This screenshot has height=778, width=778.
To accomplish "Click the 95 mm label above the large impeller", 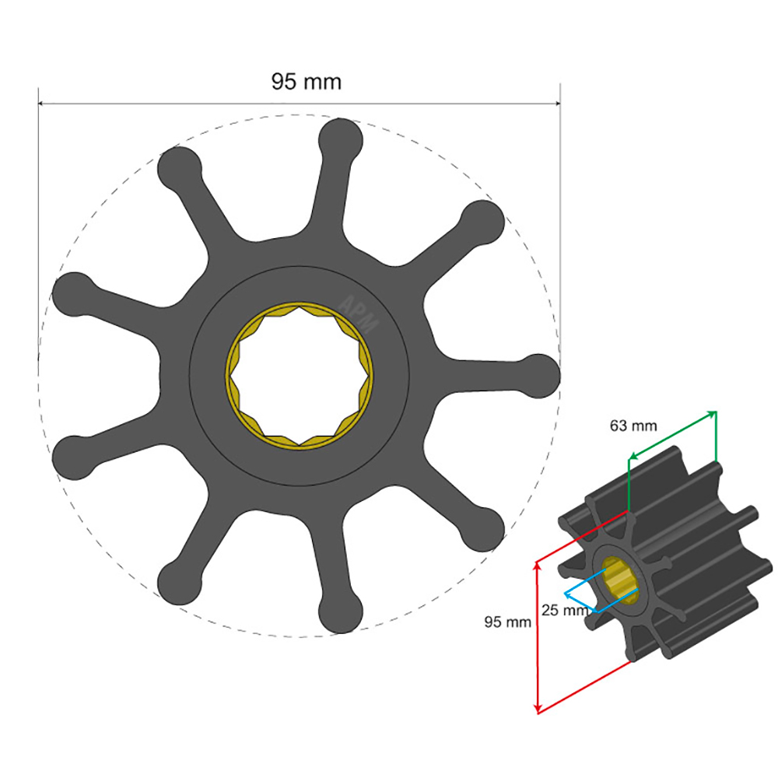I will coord(306,82).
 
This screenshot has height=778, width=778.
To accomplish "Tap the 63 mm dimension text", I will coord(633,426).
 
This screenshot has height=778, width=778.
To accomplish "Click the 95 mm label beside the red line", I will coord(507,622).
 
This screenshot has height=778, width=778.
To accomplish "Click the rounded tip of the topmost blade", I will coord(342,138).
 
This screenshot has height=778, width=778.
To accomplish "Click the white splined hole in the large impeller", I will coord(300,375).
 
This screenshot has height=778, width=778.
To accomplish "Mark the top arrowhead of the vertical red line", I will coord(538,566).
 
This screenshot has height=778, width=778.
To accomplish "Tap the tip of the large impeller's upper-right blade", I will coord(483,221).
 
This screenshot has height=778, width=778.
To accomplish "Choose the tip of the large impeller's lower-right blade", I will coord(483,528).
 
